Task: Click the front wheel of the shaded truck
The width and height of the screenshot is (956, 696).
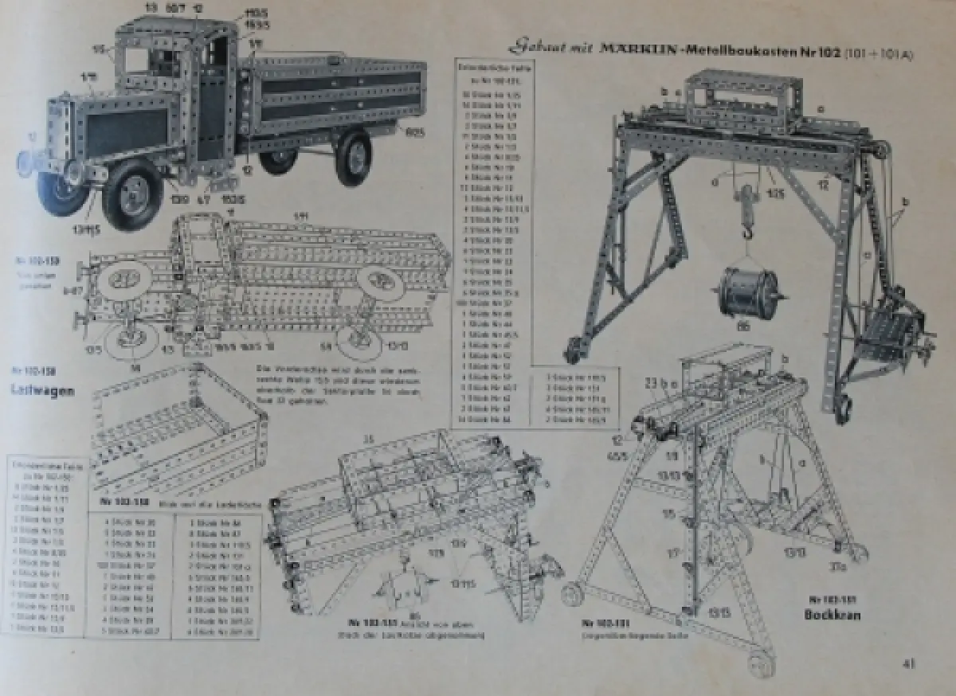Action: [131, 194]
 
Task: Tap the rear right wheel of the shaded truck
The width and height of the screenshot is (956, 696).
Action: [352, 158]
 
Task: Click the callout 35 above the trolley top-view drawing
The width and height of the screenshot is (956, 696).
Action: [367, 437]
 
